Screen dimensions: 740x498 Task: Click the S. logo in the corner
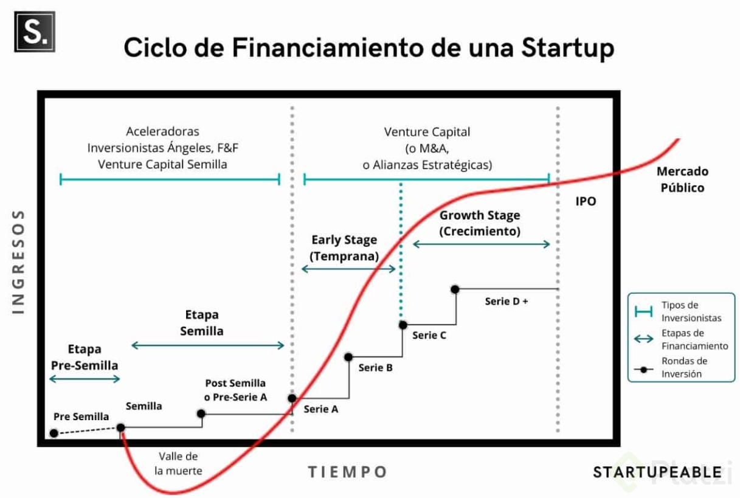click(35, 32)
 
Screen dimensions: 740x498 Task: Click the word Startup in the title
click(567, 48)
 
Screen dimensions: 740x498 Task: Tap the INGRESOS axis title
click(18, 262)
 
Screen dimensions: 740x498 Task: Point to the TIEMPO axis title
click(347, 472)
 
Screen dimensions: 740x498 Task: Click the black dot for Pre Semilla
click(54, 433)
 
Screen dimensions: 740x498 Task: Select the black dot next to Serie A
click(292, 398)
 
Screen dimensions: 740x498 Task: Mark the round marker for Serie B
click(348, 357)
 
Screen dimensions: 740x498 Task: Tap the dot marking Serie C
click(403, 325)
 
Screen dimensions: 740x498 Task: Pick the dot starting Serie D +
click(455, 289)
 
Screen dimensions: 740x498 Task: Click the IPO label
click(586, 201)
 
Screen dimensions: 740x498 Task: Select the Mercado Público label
click(682, 179)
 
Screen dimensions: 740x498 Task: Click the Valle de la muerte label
click(178, 463)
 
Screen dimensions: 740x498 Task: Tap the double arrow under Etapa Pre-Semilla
click(85, 379)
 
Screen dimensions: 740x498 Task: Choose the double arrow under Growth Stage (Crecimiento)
click(482, 244)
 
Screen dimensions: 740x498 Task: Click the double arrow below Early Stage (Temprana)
click(348, 269)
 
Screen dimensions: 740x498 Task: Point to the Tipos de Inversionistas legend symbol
click(643, 311)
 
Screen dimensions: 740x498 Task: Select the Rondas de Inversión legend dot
click(643, 370)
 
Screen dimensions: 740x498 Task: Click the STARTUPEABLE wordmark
click(657, 472)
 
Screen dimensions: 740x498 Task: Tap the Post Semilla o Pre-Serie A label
click(235, 390)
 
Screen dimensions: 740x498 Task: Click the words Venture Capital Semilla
click(162, 165)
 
